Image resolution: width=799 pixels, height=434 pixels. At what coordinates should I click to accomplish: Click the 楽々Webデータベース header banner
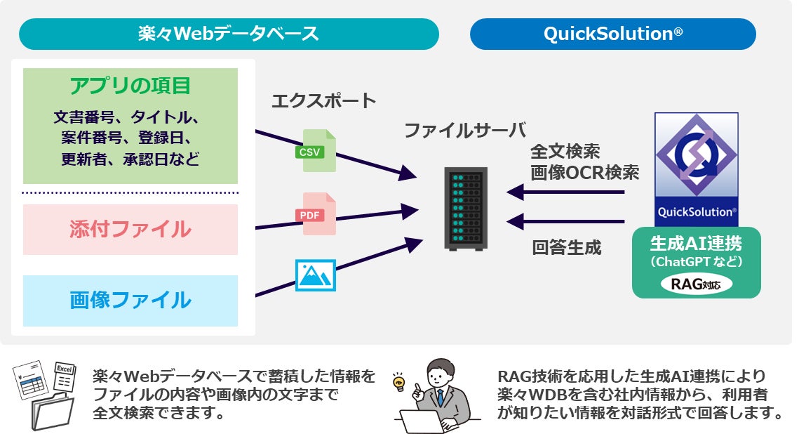click(229, 34)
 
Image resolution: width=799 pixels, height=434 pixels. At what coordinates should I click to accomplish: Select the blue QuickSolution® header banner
click(612, 34)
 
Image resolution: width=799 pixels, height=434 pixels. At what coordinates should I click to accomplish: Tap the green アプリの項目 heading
click(130, 86)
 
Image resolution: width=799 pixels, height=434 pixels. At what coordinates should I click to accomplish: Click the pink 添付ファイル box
click(130, 230)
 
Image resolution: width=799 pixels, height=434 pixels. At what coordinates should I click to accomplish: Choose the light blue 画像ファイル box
click(130, 301)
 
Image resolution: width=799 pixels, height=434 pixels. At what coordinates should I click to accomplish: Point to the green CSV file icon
click(316, 150)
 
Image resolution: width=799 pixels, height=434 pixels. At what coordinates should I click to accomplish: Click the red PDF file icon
click(316, 213)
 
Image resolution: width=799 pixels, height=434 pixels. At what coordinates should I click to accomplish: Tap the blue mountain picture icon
click(316, 275)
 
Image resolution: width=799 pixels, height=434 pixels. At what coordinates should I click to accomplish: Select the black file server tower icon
click(466, 209)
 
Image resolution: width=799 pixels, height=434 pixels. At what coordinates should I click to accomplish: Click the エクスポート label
click(323, 100)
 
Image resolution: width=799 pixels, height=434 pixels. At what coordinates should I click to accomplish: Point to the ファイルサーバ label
click(464, 131)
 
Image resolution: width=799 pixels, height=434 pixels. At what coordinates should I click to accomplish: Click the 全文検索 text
click(565, 152)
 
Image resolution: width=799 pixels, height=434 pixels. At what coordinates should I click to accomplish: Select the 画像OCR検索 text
click(584, 172)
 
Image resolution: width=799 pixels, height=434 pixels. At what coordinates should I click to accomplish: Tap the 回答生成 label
click(567, 247)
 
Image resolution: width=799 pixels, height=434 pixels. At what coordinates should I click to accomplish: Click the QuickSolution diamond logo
click(696, 155)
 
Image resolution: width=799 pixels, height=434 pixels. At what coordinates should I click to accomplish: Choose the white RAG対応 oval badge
click(696, 284)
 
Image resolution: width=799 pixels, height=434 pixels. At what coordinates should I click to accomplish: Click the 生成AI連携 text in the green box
click(696, 244)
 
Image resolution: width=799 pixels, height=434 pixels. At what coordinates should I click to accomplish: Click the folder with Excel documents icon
click(45, 395)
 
